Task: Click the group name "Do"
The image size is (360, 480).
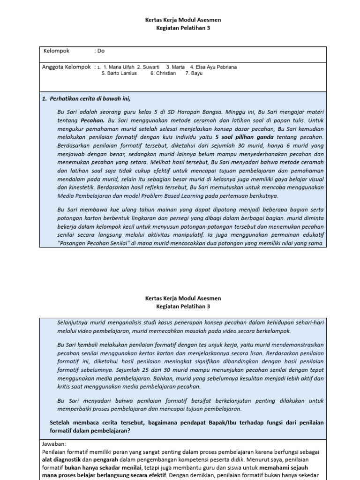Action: tap(101, 51)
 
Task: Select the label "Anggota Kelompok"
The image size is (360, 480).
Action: tap(66, 67)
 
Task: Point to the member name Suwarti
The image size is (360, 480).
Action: tap(150, 67)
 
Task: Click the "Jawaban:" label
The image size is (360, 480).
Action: tap(54, 443)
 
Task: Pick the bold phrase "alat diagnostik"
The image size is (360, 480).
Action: tap(62, 460)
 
